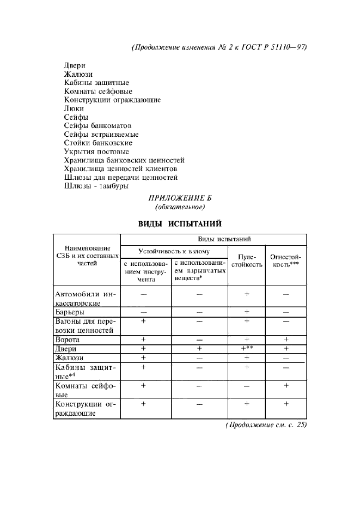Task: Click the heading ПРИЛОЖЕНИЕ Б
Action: point(180,198)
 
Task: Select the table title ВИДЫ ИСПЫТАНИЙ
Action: point(180,223)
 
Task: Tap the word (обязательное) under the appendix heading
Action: point(180,207)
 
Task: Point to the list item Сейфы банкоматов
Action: point(97,126)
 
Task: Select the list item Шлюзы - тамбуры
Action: point(96,186)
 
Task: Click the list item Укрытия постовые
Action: point(96,151)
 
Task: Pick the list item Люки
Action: point(74,108)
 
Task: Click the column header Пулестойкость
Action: point(246,259)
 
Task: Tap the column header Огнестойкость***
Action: point(286,259)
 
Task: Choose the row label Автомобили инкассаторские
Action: point(87,299)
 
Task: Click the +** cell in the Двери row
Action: point(247,348)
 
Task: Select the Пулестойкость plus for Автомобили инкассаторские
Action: point(246,294)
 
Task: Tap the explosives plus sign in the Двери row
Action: point(199,348)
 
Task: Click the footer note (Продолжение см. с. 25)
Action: point(266,426)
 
